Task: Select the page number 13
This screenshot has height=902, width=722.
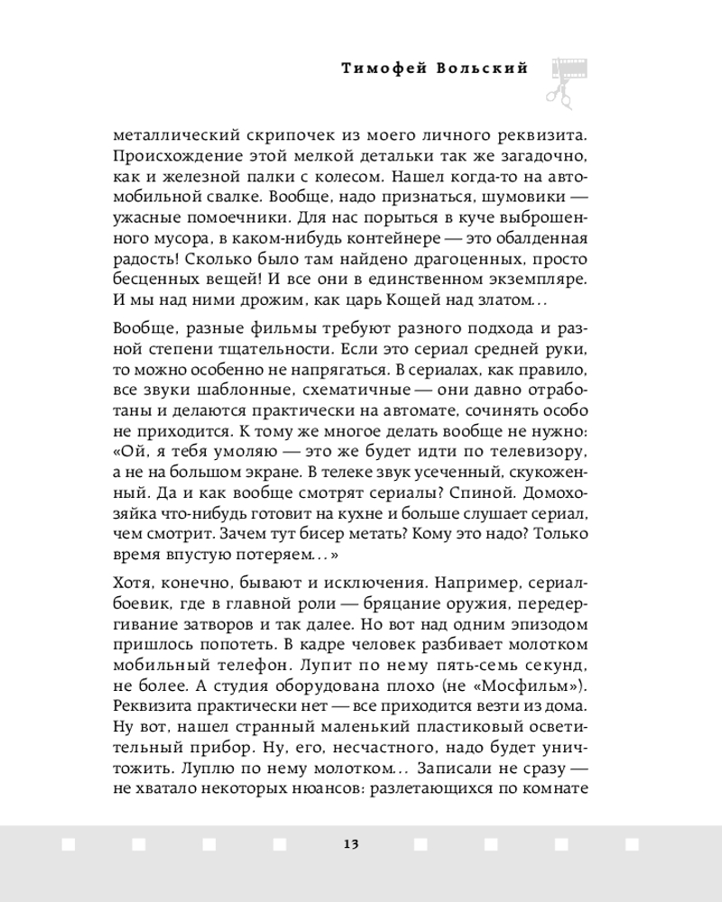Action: pos(351,844)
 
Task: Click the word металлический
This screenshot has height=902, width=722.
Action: pos(172,135)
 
